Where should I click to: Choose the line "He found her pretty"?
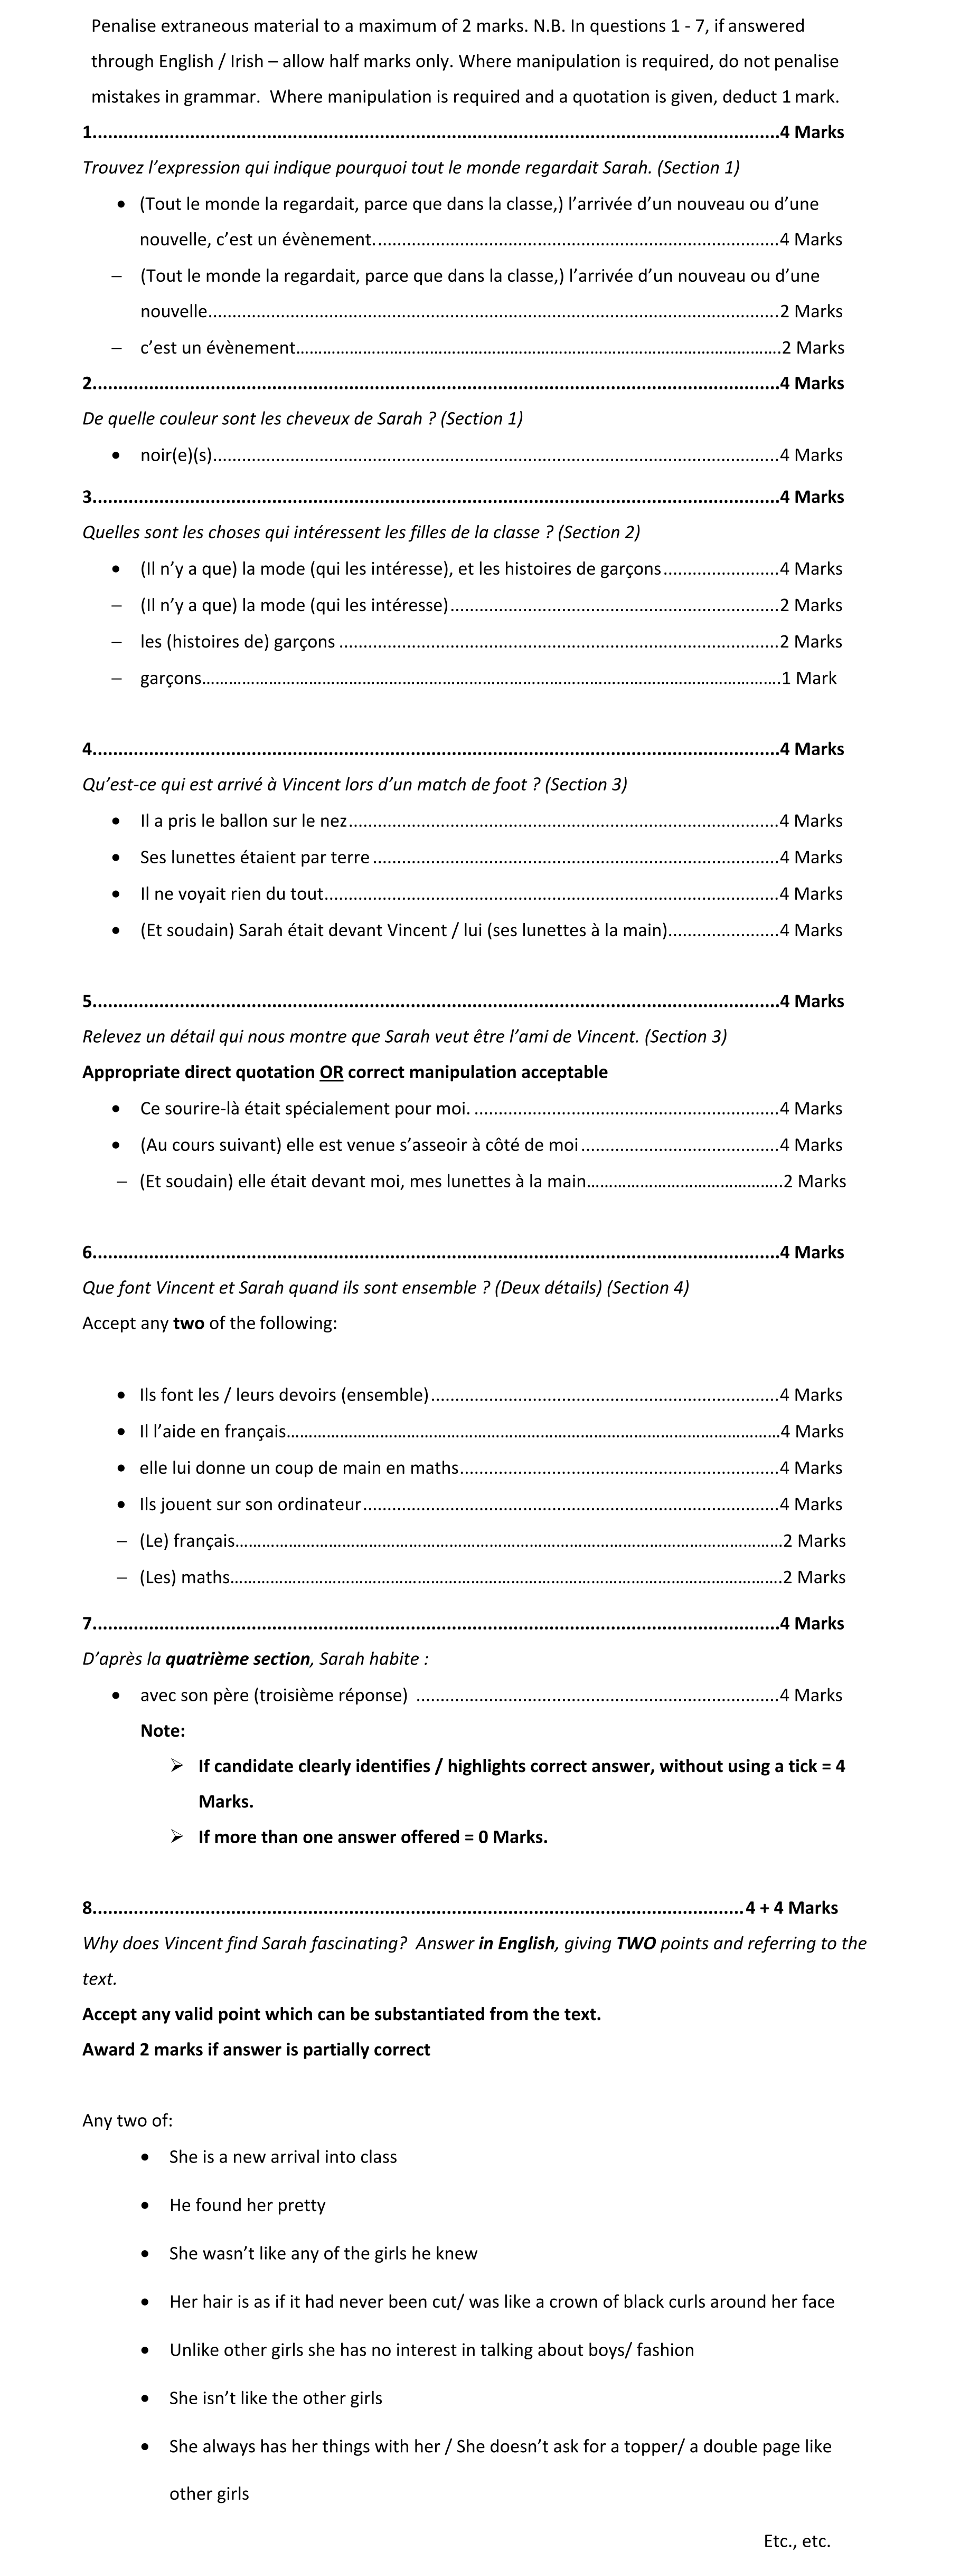tap(247, 2205)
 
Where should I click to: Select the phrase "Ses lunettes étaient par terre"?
tap(255, 858)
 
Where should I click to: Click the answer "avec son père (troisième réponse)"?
tap(274, 1695)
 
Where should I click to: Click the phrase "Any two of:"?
tap(127, 2120)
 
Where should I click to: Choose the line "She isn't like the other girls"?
tap(276, 2398)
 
